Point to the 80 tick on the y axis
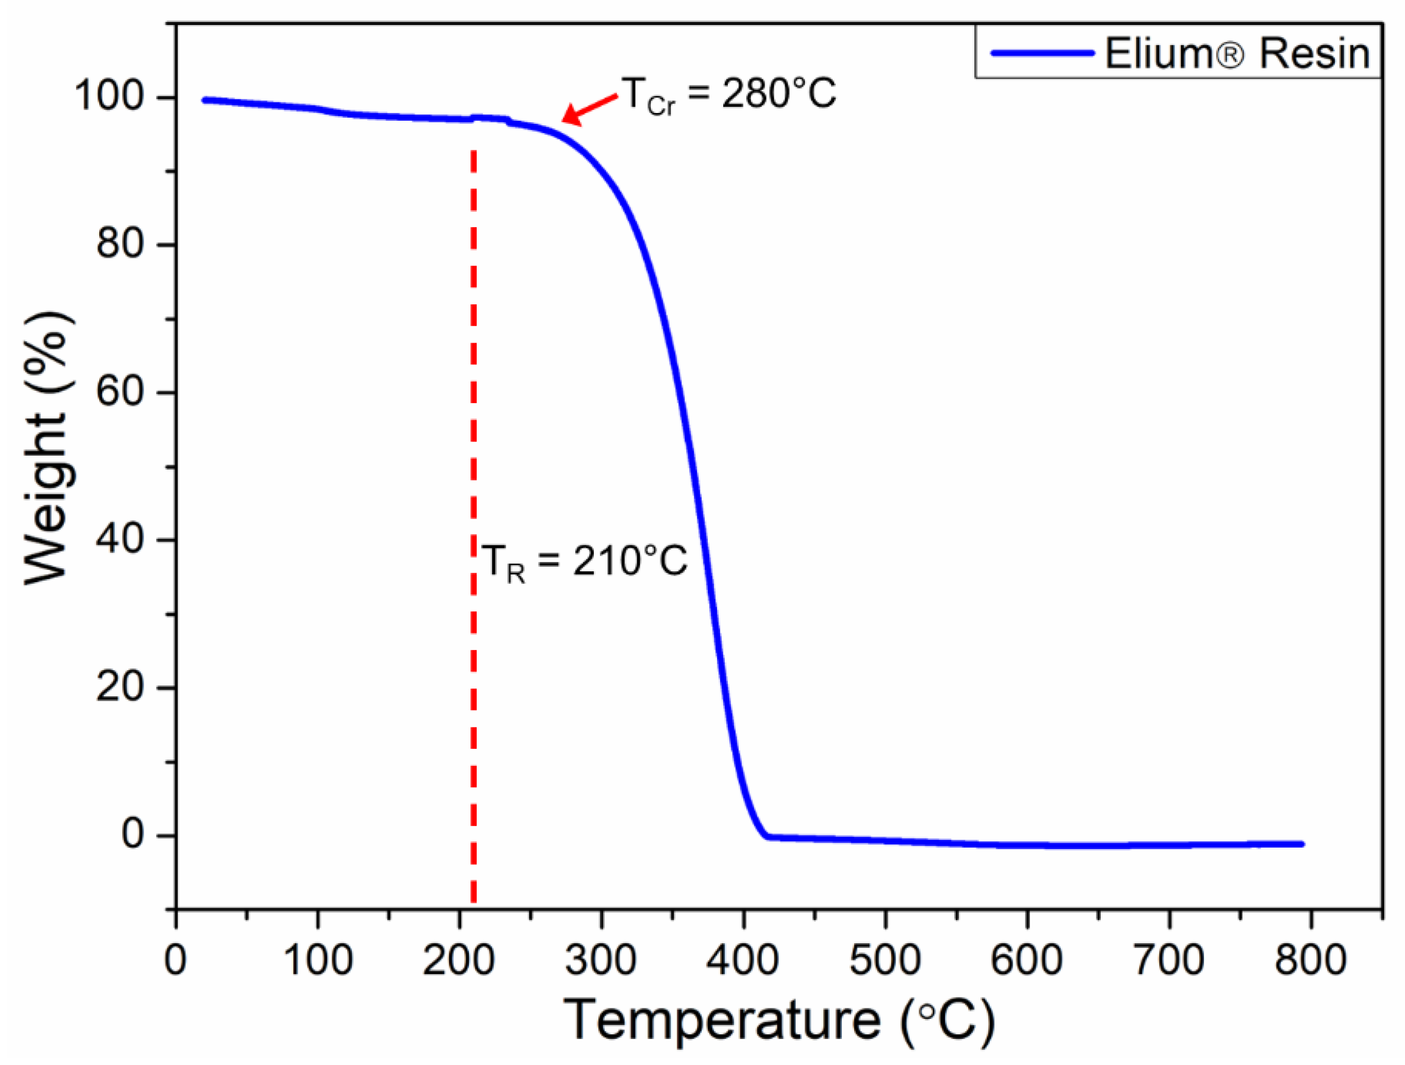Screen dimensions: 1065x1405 pos(126,245)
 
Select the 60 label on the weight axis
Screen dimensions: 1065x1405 pos(126,392)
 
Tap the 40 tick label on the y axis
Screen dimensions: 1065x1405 pos(126,539)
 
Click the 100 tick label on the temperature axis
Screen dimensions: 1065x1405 pos(317,959)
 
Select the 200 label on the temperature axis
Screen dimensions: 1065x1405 pos(459,959)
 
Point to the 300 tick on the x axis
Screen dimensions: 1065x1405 pos(601,959)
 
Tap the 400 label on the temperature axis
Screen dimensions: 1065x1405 pos(743,959)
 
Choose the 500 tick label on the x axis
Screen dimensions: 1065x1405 pos(885,959)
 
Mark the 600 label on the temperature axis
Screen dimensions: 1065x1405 pos(1027,959)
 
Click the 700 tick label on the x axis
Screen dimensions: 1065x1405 pos(1169,959)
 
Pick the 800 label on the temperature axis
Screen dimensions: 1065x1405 pos(1310,959)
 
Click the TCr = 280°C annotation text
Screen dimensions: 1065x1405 pos(728,95)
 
